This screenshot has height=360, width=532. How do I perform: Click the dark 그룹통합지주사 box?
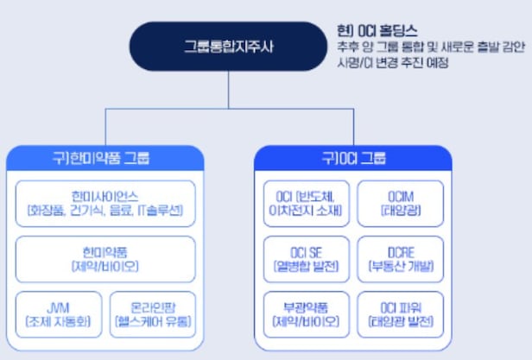227,46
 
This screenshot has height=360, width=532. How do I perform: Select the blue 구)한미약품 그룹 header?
106,158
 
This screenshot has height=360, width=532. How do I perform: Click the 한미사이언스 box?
106,203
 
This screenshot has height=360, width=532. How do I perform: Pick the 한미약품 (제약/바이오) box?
106,258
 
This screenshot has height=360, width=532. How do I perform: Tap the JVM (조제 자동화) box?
58,314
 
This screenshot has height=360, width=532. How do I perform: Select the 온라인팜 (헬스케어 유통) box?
154,314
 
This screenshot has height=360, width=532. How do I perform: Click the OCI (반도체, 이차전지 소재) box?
303,203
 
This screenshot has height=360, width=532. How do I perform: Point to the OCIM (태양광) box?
400,203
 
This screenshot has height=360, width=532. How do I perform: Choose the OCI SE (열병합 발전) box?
303,258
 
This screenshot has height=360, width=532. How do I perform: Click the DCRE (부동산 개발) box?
400,258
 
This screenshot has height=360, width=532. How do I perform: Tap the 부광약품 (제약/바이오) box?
303,314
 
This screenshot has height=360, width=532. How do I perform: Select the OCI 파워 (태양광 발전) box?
400,314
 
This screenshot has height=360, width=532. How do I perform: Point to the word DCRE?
400,251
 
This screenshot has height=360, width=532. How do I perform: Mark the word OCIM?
400,196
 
